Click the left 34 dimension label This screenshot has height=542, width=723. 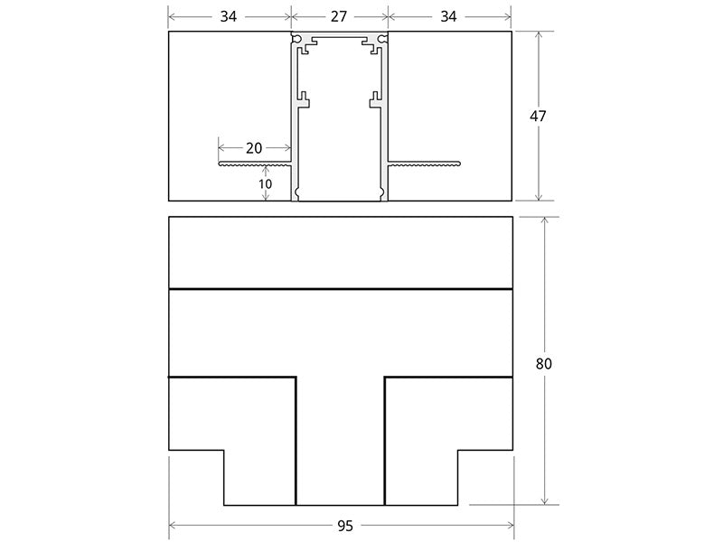[229, 16]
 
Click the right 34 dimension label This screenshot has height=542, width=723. [448, 16]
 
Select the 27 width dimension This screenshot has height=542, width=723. [339, 16]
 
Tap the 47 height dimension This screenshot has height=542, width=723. [538, 116]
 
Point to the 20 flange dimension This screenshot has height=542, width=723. [254, 148]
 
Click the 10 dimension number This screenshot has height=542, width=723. [265, 184]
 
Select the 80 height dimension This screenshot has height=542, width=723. [544, 364]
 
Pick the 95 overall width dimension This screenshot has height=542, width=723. [345, 526]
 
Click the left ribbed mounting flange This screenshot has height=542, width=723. [255, 164]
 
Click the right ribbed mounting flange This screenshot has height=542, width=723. [424, 164]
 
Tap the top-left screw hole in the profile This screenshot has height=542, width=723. [296, 37]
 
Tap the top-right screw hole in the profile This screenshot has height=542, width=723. [382, 37]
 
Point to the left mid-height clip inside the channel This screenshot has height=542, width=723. [304, 100]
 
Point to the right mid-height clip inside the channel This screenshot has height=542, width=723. [375, 100]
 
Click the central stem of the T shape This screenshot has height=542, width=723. [340, 441]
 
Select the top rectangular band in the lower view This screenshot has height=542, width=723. [341, 253]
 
